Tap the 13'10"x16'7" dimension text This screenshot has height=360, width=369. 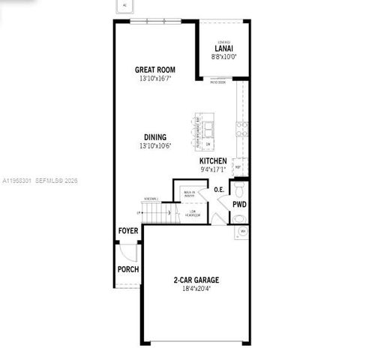[x=154, y=77]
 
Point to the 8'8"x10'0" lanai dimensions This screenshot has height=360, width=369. [x=223, y=55]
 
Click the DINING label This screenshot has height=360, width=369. [x=154, y=137]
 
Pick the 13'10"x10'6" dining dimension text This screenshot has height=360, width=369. [x=154, y=145]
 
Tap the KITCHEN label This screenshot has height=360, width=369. [x=213, y=161]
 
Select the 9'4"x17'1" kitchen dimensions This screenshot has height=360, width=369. [x=213, y=169]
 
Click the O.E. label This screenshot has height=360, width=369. [x=219, y=190]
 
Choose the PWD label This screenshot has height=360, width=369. [x=238, y=203]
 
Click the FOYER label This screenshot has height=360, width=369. [x=127, y=232]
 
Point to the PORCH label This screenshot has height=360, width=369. [x=127, y=269]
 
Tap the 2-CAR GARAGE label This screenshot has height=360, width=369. [x=196, y=280]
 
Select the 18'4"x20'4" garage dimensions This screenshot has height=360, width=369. [x=196, y=289]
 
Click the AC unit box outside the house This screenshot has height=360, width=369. [x=124, y=5]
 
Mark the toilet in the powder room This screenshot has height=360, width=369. [x=238, y=187]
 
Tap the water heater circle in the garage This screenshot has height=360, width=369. [x=238, y=218]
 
